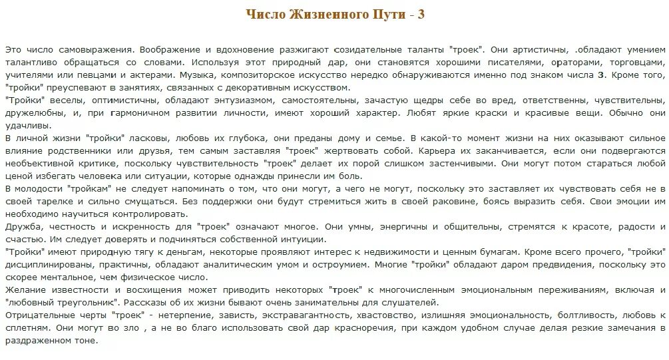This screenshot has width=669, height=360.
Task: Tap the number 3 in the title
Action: pyautogui.click(x=421, y=15)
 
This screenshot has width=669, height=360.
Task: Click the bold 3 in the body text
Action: pyautogui.click(x=601, y=75)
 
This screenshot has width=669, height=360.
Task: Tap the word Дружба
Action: pyautogui.click(x=21, y=226)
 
